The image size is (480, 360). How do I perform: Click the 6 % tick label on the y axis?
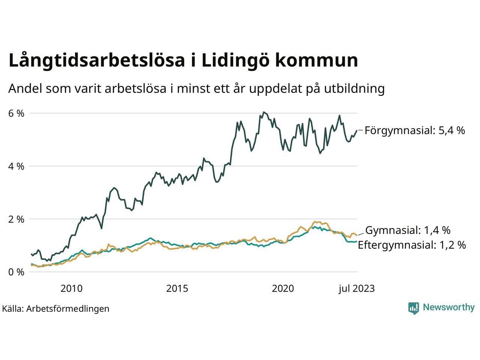(16, 113)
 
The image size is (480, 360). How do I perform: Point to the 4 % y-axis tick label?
(16, 166)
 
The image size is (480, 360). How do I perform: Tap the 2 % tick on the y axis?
(16, 219)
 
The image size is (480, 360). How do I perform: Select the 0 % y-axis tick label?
(16, 272)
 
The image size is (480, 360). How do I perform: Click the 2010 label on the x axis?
(71, 288)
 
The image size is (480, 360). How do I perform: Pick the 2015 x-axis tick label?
(177, 288)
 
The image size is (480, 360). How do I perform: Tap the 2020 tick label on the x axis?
(283, 288)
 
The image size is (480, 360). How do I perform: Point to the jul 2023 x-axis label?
(356, 288)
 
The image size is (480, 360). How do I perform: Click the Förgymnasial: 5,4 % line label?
(415, 130)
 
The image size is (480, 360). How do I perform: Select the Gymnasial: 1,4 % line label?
(408, 230)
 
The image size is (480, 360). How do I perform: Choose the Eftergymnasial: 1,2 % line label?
(412, 245)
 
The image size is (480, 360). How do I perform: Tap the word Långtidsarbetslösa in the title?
(96, 61)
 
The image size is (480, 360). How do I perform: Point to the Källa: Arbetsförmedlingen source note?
(55, 309)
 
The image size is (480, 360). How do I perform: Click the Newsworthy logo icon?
(413, 308)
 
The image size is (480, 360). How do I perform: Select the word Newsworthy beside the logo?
(448, 307)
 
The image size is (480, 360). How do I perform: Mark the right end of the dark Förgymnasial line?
(357, 130)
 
